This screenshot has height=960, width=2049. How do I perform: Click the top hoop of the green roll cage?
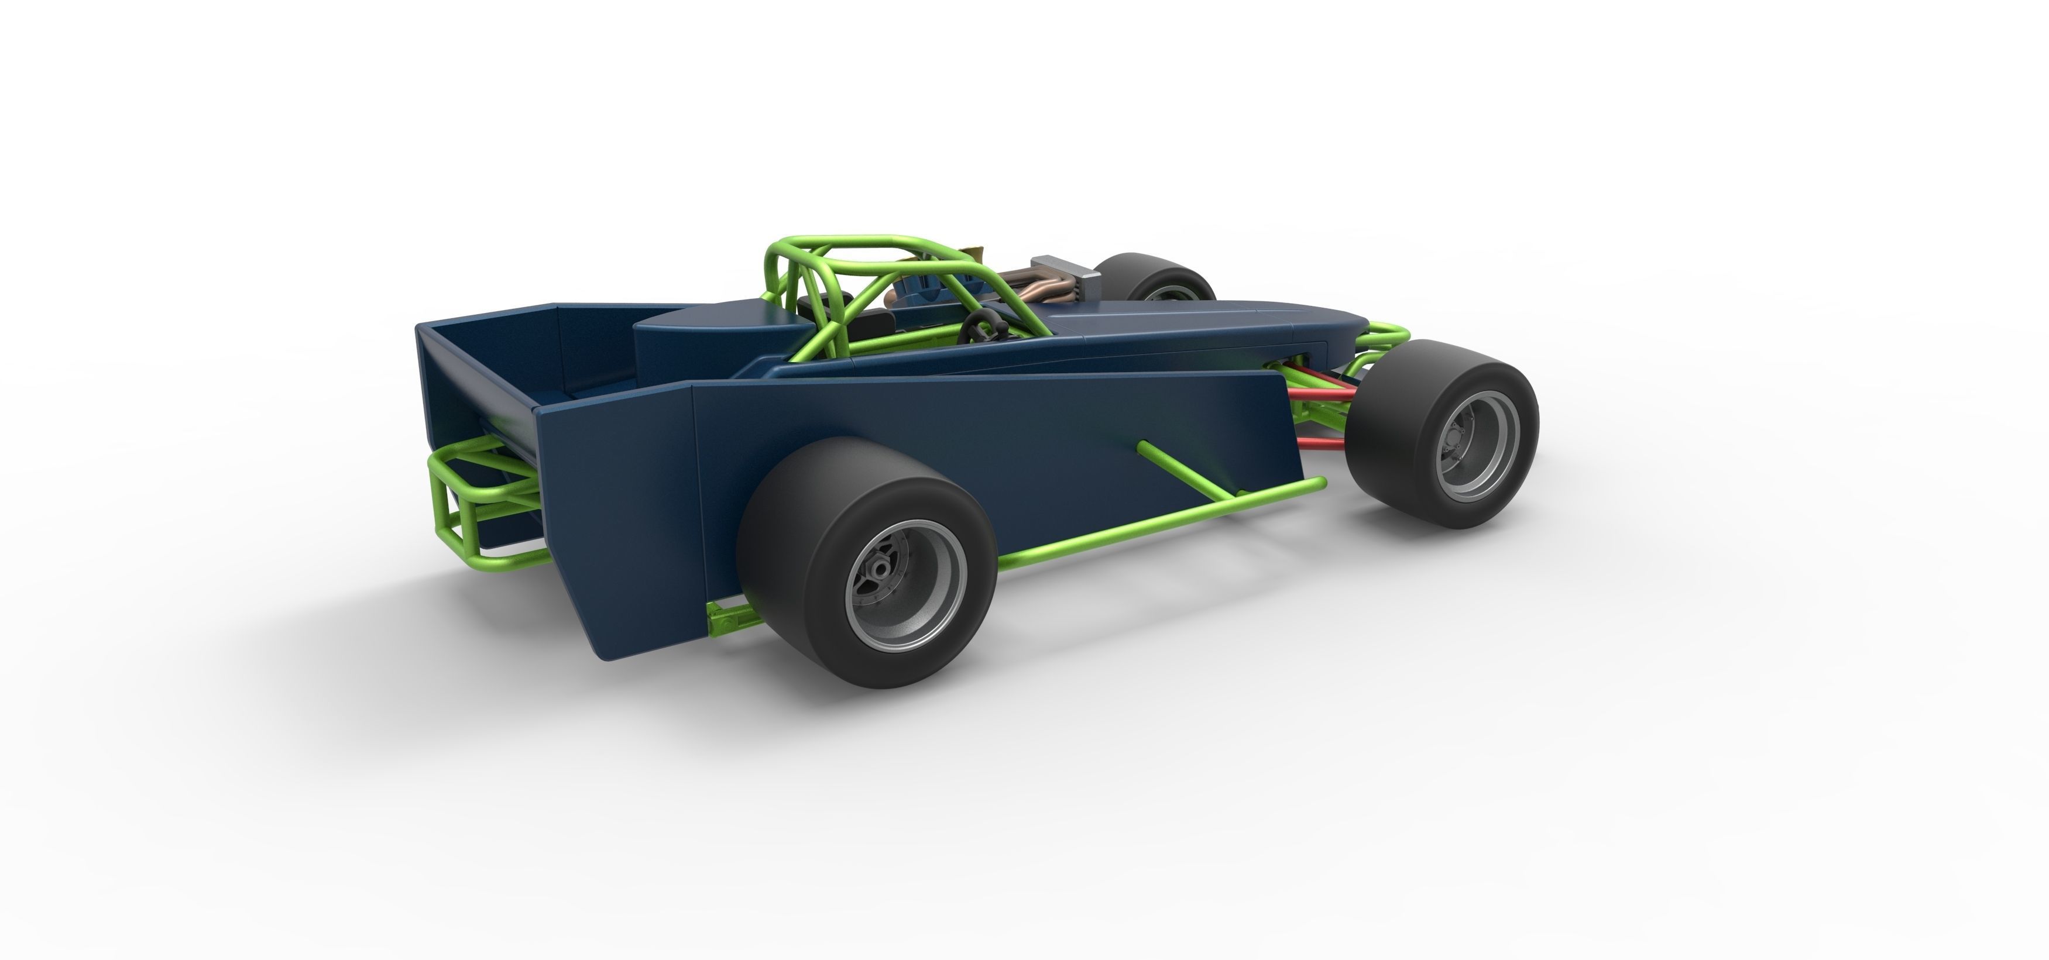pos(843,243)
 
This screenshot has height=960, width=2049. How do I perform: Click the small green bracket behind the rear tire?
pos(728,617)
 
